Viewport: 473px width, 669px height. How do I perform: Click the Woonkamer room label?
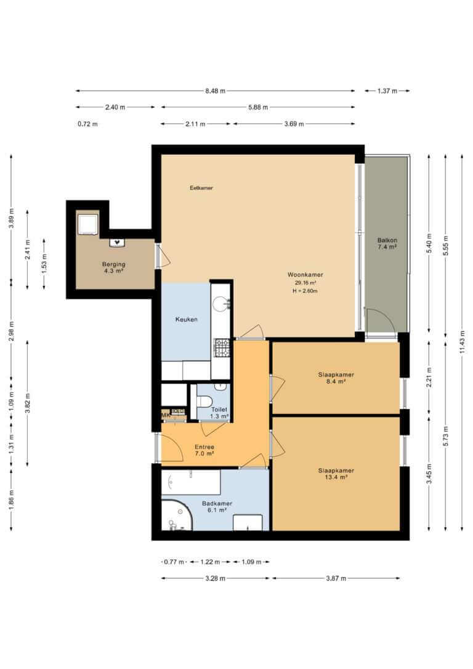coord(305,275)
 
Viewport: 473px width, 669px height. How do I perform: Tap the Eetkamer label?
coord(201,188)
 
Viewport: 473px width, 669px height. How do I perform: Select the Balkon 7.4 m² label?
coord(387,243)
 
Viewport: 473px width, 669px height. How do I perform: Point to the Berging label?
coord(113,264)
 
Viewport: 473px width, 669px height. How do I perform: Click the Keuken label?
coord(187,319)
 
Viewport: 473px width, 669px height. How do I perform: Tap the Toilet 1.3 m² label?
coord(219,413)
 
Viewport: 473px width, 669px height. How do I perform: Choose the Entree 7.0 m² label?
coord(204,450)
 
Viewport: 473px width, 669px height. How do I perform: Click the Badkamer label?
coord(217,503)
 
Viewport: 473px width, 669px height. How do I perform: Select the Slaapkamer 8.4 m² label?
coord(336,378)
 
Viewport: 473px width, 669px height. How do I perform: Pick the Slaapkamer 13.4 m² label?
coord(336,474)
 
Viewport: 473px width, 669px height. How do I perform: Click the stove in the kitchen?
coord(222,347)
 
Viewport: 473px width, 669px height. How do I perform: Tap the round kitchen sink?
coord(221,304)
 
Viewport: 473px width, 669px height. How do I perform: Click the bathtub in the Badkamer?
coord(191,482)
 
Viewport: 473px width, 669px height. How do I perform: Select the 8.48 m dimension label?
coord(215,91)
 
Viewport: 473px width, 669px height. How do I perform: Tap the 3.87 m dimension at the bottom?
coord(336,578)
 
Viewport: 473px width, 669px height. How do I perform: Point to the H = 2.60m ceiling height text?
coord(305,291)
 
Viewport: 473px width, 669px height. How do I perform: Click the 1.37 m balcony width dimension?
coord(387,91)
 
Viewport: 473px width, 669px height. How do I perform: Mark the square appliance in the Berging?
coord(88,224)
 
